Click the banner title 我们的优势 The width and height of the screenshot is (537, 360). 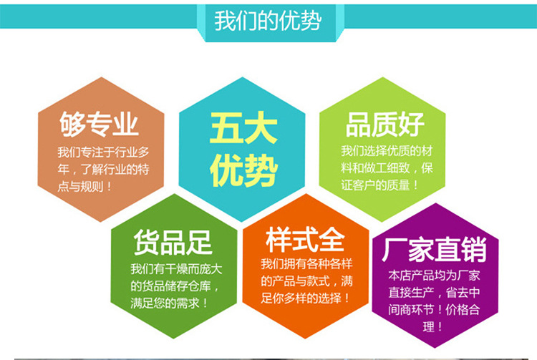pyautogui.click(x=268, y=20)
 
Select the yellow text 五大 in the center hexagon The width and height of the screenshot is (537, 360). pyautogui.click(x=242, y=129)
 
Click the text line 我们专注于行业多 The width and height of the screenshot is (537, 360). pyautogui.click(x=98, y=152)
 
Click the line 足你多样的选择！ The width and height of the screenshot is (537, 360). pyautogui.click(x=306, y=296)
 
